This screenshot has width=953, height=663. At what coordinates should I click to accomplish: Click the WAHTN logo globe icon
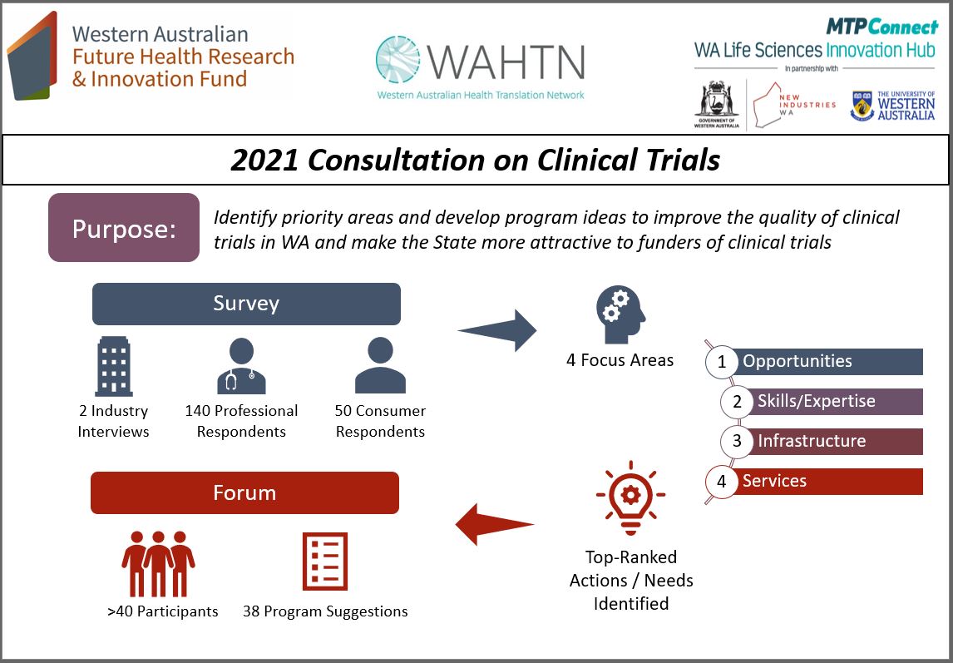click(x=403, y=60)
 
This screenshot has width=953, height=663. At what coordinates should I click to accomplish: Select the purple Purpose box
click(x=124, y=228)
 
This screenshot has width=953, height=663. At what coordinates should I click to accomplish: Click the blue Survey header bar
click(x=246, y=304)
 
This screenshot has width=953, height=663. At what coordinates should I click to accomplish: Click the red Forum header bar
click(x=244, y=492)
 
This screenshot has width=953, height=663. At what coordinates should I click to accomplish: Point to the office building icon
click(x=113, y=366)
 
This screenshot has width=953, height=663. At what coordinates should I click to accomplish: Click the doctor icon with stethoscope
click(x=241, y=366)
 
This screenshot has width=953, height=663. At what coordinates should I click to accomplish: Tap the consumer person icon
click(x=380, y=366)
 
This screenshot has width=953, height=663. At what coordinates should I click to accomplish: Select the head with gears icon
click(x=620, y=314)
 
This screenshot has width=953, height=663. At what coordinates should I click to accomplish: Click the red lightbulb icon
click(x=630, y=498)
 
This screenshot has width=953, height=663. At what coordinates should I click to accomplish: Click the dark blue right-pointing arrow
click(x=498, y=330)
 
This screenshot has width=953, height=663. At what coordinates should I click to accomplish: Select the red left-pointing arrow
click(x=494, y=524)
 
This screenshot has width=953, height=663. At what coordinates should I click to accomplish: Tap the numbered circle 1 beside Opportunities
click(x=722, y=362)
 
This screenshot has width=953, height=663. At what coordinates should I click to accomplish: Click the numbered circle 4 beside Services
click(x=722, y=482)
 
